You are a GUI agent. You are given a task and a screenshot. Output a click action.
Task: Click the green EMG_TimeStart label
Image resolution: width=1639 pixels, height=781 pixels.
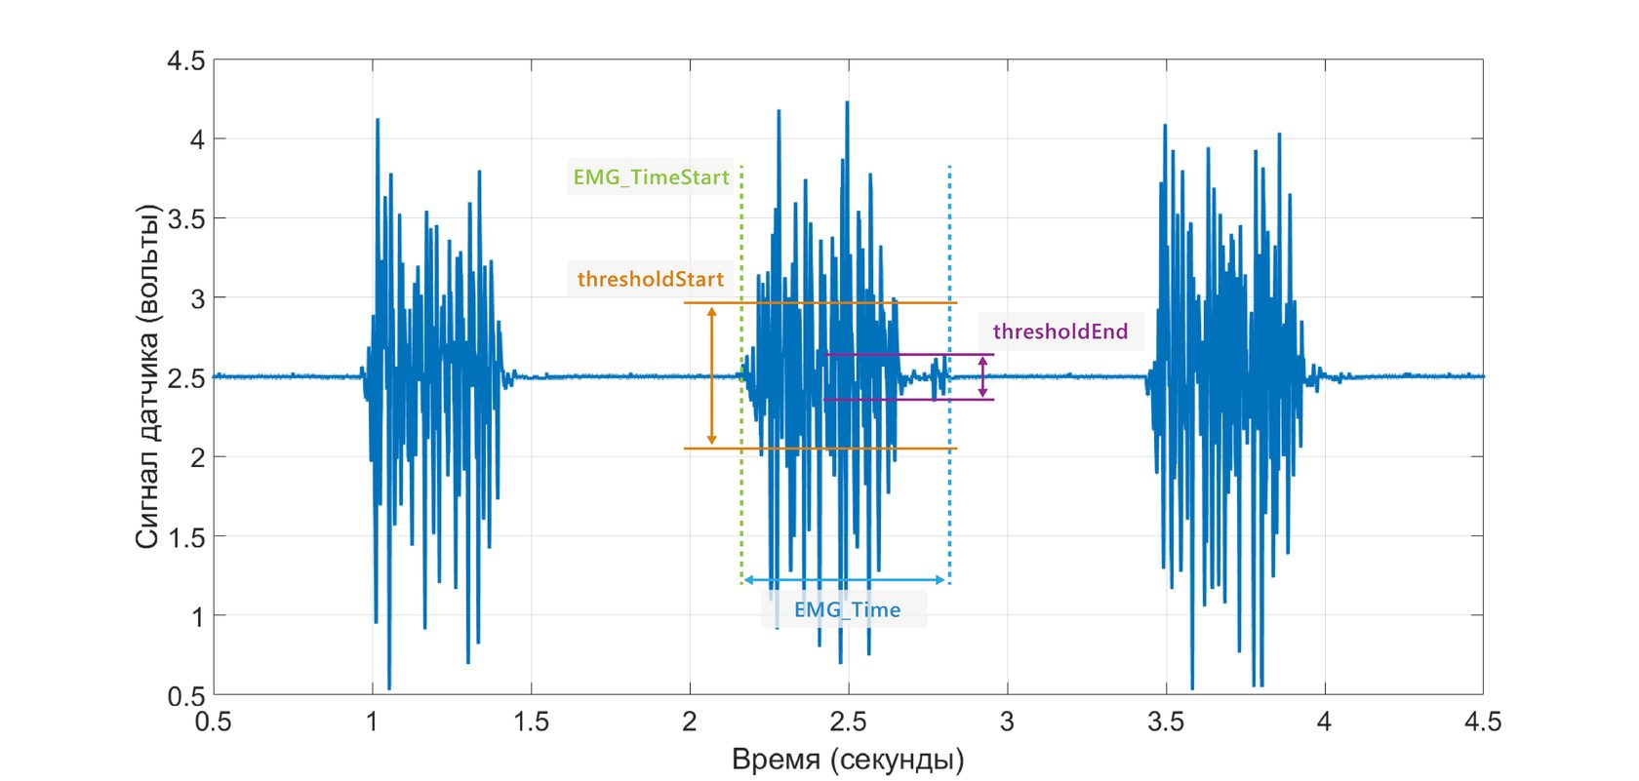coord(651,177)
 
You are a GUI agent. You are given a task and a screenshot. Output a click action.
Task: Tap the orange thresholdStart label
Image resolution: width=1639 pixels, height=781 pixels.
coord(650,279)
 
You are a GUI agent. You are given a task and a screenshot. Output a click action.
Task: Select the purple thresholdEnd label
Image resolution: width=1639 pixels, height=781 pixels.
coord(1059,332)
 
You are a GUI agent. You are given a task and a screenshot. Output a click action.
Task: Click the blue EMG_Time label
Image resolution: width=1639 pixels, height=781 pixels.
coord(847,609)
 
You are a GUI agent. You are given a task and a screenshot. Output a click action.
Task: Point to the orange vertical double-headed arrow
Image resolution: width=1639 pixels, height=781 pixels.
coord(711,375)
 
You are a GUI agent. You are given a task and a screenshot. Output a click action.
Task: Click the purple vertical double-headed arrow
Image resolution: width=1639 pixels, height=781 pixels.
coord(982,376)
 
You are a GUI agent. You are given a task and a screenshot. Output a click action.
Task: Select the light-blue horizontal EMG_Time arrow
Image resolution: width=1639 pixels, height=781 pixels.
coord(844,580)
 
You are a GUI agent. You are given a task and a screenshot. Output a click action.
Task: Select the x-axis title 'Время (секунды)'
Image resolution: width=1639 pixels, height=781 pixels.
coord(848,760)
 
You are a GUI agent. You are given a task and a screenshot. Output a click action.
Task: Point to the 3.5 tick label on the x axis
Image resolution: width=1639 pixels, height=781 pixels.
coord(1165,722)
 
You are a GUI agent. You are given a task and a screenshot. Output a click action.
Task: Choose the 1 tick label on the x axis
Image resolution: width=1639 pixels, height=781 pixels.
coord(372,722)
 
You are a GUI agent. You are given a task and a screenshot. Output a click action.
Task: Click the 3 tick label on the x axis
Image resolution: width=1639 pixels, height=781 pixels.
coord(1007,722)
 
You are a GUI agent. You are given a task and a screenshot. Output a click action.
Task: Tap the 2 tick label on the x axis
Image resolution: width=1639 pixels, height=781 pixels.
coord(690,722)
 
